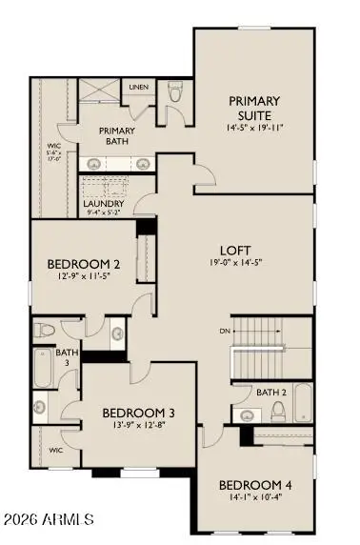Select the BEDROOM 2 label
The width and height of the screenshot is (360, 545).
[84, 264]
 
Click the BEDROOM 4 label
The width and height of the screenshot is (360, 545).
[255, 484]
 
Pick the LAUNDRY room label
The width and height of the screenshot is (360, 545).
[101, 204]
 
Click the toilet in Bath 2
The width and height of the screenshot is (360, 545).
[278, 411]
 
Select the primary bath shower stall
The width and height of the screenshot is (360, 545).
[100, 92]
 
